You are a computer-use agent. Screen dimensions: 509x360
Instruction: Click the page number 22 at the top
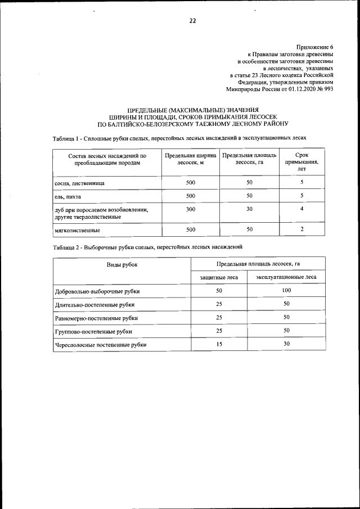[192, 21]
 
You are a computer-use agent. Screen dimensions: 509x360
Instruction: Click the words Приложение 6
[314, 47]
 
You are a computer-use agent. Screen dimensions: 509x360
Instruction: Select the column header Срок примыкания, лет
[301, 161]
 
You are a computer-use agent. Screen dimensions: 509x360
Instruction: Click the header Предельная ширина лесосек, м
[191, 159]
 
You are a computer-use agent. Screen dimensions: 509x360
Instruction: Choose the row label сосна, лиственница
[79, 183]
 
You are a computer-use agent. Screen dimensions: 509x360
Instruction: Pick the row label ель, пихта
[68, 196]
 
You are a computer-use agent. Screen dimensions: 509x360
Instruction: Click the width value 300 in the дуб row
[191, 209]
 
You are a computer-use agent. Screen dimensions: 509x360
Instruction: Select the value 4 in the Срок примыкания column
[302, 209]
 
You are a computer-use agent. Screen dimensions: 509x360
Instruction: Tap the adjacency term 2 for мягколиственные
[302, 229]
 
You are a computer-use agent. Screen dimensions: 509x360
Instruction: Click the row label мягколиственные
[78, 230]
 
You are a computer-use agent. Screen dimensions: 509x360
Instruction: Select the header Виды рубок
[122, 264]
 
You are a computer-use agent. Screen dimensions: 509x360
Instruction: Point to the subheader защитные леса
[219, 277]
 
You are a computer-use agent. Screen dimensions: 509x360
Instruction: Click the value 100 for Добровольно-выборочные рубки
[286, 290]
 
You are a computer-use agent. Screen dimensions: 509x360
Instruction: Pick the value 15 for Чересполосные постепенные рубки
[219, 344]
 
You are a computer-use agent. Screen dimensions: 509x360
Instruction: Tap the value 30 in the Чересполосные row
[286, 344]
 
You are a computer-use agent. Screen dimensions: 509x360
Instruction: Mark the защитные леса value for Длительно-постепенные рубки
[219, 304]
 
